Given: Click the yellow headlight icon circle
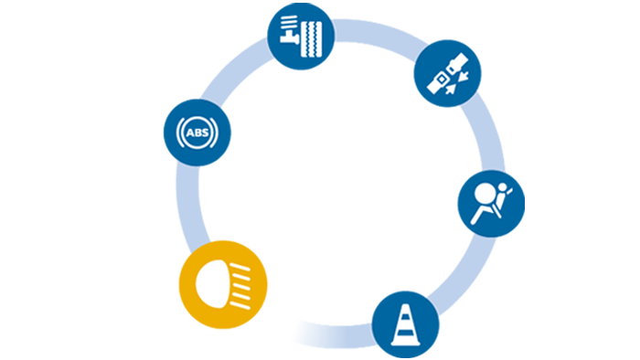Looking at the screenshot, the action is pyautogui.click(x=223, y=284).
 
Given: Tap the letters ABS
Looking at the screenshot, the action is pyautogui.click(x=197, y=132).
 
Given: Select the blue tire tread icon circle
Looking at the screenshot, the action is pyautogui.click(x=301, y=36).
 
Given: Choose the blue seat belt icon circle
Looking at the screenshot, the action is pyautogui.click(x=447, y=73).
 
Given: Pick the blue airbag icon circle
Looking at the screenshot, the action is pyautogui.click(x=491, y=204).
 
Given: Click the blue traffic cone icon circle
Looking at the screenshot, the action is pyautogui.click(x=405, y=324).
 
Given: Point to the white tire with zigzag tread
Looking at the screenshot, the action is pyautogui.click(x=312, y=39).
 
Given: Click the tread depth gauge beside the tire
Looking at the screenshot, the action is pyautogui.click(x=290, y=29).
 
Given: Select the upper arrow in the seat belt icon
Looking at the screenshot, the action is pyautogui.click(x=464, y=75).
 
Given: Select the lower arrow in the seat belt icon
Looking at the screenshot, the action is pyautogui.click(x=450, y=89).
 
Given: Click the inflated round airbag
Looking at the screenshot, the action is pyautogui.click(x=485, y=193).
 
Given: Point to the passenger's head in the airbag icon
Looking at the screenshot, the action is pyautogui.click(x=503, y=187).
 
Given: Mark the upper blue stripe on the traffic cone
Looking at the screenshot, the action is pyautogui.click(x=405, y=317).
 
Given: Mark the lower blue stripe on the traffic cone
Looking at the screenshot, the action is pyautogui.click(x=405, y=333).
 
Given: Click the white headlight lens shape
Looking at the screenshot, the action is pyautogui.click(x=211, y=284).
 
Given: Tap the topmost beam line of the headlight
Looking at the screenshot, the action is pyautogui.click(x=240, y=268).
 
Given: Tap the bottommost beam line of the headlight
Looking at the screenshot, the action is pyautogui.click(x=240, y=305).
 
